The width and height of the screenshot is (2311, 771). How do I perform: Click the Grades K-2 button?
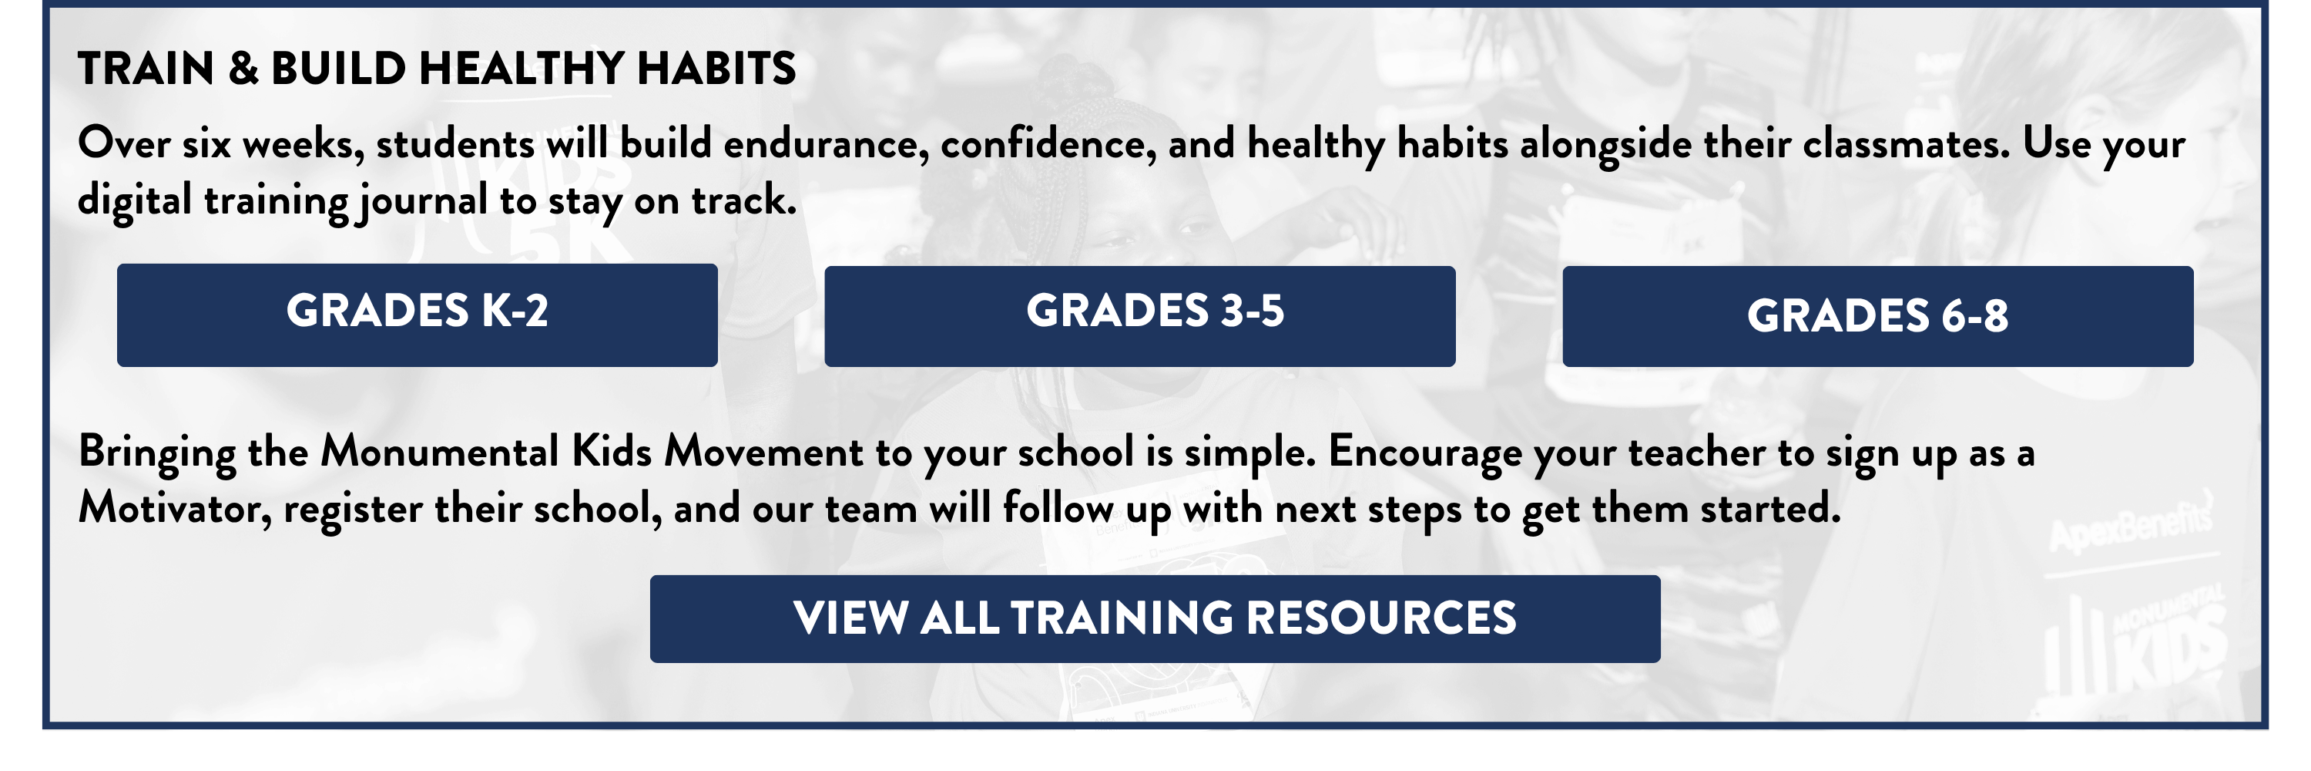418,315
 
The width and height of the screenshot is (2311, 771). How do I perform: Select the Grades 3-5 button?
1139,316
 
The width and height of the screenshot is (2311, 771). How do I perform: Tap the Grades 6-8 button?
1878,316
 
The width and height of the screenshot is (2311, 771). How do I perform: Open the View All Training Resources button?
1155,619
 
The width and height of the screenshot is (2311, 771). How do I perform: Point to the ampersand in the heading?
243,68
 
